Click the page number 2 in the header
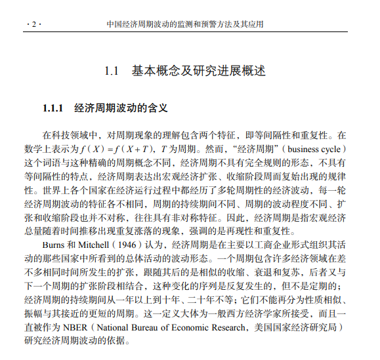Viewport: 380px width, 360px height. pos(33,25)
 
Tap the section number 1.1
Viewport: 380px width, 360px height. pos(112,70)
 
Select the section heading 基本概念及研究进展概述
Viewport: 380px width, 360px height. pos(198,70)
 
